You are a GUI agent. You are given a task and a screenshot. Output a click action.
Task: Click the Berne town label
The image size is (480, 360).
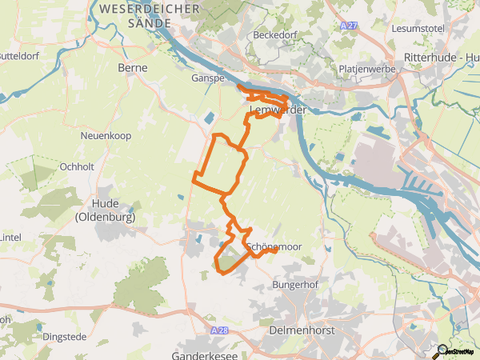133,69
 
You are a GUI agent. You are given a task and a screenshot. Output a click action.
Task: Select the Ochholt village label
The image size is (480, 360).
78,167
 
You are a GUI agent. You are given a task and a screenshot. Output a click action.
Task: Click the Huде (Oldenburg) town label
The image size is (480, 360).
104,210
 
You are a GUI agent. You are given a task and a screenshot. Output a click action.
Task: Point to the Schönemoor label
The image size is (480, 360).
274,247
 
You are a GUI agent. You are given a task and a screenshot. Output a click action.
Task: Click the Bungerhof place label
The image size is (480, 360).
295,285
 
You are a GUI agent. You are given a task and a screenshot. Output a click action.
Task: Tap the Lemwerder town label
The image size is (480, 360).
278,110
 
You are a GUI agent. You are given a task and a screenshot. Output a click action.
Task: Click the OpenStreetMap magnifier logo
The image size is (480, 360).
442,350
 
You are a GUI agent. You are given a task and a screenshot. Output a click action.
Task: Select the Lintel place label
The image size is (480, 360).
10,238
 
